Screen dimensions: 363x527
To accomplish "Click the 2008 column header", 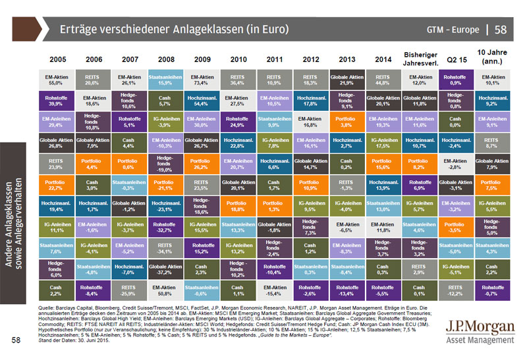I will pos(163,59).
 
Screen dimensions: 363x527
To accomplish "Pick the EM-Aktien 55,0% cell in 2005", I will pos(55,80).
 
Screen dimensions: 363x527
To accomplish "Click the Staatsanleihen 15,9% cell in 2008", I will pos(164,80).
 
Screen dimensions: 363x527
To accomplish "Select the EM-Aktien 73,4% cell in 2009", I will pos(200,80).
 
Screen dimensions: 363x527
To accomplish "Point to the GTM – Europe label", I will pos(451,30).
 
